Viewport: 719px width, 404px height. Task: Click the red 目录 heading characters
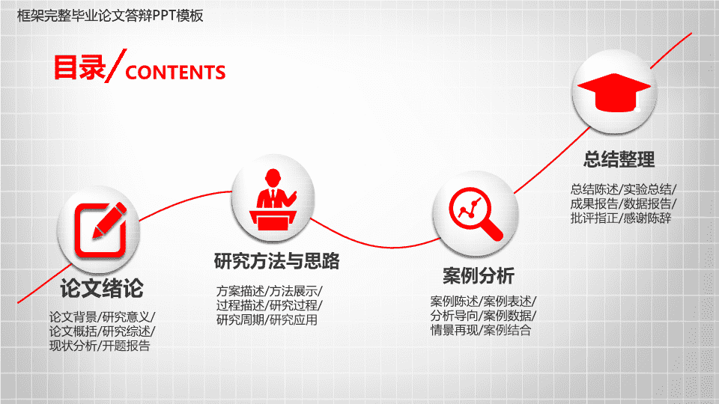coord(79,67)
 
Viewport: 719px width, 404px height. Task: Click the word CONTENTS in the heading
coord(175,73)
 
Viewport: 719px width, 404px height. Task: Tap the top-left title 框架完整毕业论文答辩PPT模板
coord(110,16)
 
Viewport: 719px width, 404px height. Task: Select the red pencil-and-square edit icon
coord(100,230)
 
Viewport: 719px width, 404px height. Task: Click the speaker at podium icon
coord(273,200)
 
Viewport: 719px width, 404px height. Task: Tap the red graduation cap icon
coord(614,92)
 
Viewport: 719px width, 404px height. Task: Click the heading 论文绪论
coord(102,289)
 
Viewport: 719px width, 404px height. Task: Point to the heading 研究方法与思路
coord(277,261)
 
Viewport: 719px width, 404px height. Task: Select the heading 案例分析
coord(479,276)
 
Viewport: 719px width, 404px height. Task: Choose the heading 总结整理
coord(619,159)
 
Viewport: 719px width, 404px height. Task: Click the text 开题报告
coord(126,346)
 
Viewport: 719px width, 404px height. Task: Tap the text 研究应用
coord(294,319)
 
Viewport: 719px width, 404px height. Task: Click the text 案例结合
coord(507,330)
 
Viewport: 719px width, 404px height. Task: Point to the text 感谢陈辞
coord(647,218)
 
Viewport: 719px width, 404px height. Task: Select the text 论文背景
coord(73,317)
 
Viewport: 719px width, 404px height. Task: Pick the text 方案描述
coord(240,291)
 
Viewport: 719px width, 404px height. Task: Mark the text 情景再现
coord(455,330)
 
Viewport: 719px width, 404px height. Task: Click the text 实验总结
coord(647,189)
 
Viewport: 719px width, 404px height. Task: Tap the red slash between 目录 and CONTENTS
coord(115,66)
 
